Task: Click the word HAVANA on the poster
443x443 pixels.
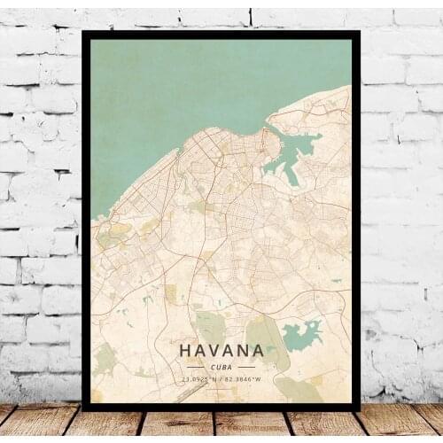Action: (x=221, y=351)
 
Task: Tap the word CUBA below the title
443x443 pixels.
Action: (x=221, y=367)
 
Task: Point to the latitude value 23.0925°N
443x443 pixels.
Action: (x=200, y=380)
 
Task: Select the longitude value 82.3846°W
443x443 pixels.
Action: (x=243, y=380)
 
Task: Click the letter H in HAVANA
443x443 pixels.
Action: (x=185, y=351)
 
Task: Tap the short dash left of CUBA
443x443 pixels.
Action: (x=195, y=367)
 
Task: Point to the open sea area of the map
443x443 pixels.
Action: (x=177, y=89)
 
